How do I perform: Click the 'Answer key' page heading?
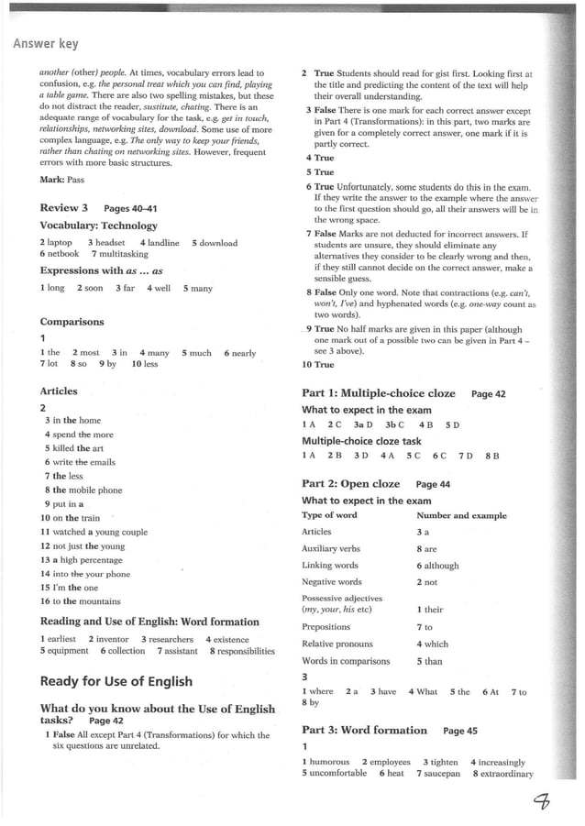pos(46,44)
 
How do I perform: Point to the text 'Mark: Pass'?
pos(61,180)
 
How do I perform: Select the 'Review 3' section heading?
pos(64,208)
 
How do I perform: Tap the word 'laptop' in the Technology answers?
pos(61,243)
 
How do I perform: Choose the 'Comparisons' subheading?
pos(72,322)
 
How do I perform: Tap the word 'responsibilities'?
pos(242,651)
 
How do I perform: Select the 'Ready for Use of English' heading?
pos(116,681)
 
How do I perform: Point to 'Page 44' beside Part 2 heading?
pos(433,484)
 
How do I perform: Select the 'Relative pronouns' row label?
pos(337,644)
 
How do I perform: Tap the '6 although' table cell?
pos(437,566)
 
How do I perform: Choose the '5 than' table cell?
pos(429,660)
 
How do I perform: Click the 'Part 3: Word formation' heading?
pos(364,731)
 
